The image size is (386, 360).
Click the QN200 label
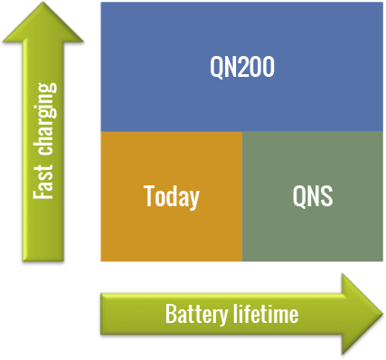tap(241, 67)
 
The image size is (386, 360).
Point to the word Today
tap(171, 196)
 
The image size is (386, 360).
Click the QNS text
tap(313, 196)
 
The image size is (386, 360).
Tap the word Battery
tap(193, 315)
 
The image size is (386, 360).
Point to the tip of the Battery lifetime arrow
tap(381, 313)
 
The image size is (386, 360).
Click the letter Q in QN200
tap(217, 67)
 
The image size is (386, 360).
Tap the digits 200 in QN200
tap(256, 67)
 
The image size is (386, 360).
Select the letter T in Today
tap(148, 196)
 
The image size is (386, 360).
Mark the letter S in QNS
tap(326, 196)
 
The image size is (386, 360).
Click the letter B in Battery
tap(170, 315)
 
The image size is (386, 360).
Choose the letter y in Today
tap(193, 199)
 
